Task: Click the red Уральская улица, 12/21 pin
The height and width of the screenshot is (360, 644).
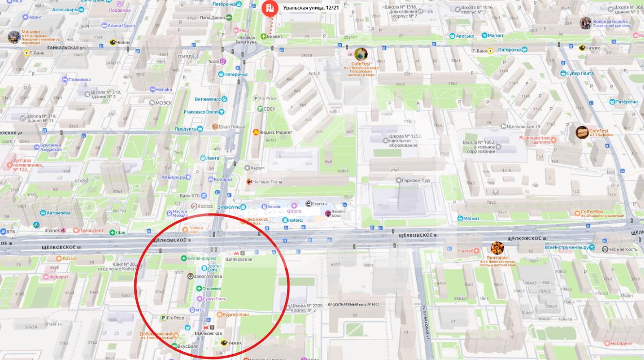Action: point(268,8)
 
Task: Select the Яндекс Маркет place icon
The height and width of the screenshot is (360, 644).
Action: point(256,132)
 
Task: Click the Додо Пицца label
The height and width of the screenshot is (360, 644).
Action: point(231,127)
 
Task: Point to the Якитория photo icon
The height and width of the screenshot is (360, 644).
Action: point(497,248)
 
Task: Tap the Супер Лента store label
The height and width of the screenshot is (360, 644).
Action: point(580,73)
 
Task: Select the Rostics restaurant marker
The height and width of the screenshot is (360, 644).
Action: point(194,206)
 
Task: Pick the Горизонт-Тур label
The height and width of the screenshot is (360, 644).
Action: point(416,180)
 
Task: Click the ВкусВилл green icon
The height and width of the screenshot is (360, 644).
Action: point(175,346)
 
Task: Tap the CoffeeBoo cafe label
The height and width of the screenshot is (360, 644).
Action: point(592,212)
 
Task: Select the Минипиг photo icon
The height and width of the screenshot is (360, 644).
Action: point(14,37)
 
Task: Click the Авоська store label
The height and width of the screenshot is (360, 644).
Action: point(465,36)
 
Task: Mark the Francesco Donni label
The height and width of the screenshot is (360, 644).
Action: point(201,112)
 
